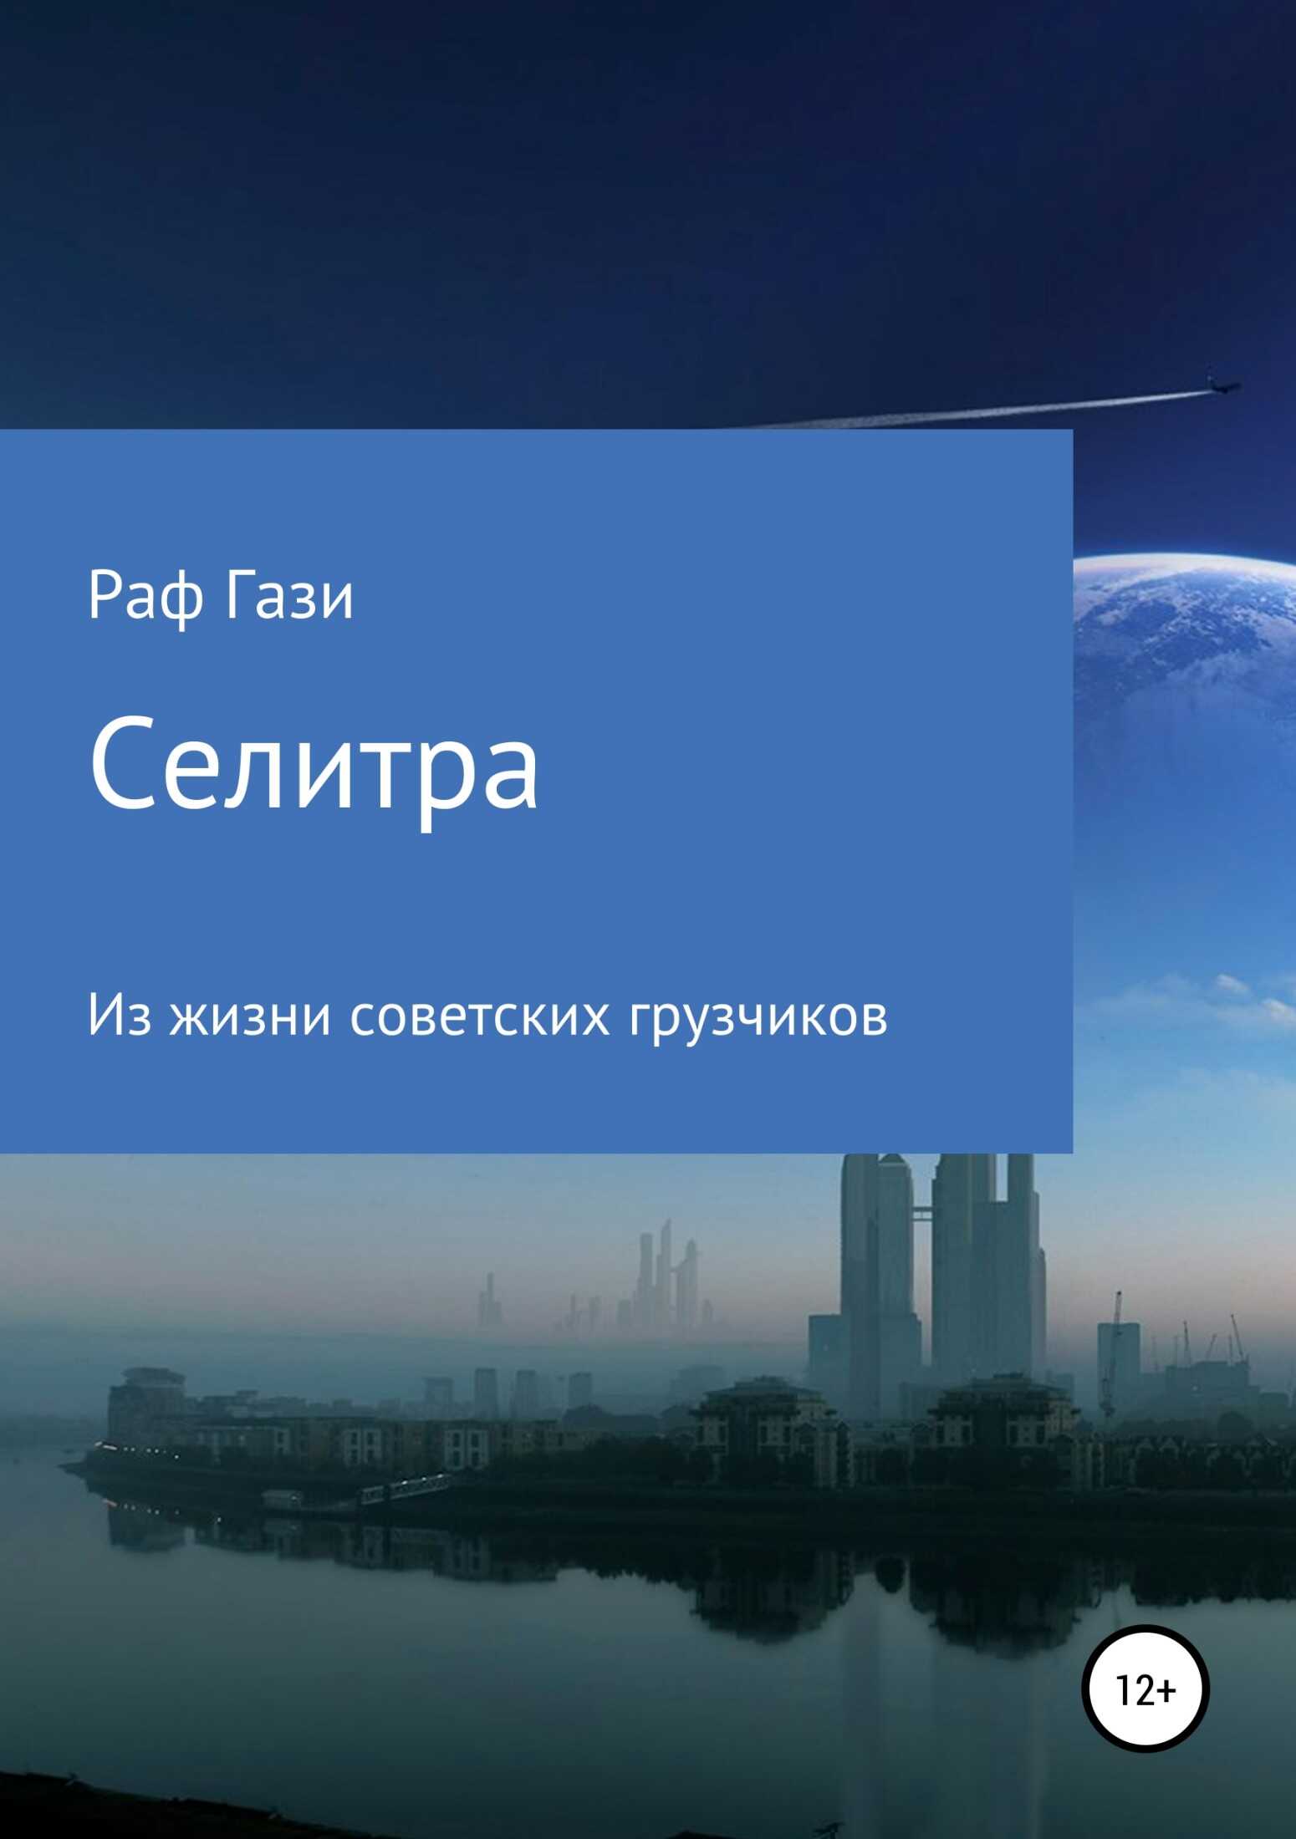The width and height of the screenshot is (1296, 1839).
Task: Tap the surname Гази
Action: click(288, 596)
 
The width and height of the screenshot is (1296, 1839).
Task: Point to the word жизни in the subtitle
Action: click(250, 1017)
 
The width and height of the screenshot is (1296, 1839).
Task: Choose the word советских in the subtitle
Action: click(479, 1017)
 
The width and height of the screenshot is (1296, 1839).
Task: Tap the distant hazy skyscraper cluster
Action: click(661, 1279)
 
